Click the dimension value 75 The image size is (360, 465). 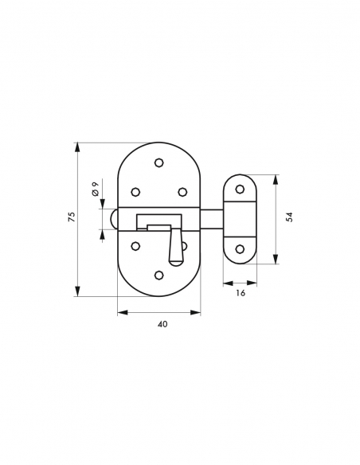coord(72,217)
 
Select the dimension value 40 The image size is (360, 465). coord(162,324)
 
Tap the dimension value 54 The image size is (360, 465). coord(289,217)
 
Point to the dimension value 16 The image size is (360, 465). coord(241,293)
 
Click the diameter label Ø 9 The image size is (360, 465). coord(96,189)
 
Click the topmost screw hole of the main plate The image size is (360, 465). coord(159,162)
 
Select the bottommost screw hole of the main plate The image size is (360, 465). coord(159,275)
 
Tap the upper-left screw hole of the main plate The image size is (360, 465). coord(135,192)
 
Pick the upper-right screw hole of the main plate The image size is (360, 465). coord(182,192)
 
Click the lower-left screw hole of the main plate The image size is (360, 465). coord(135,245)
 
